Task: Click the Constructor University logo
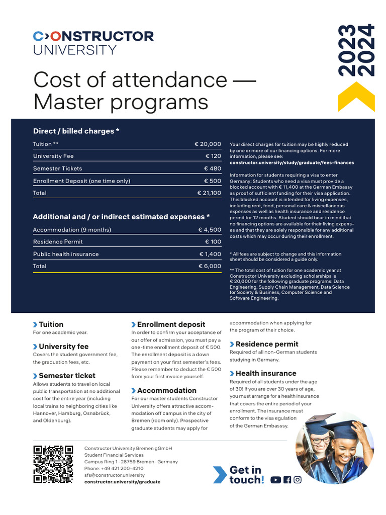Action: pyautogui.click(x=93, y=42)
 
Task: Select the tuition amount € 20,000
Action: pyautogui.click(x=208, y=144)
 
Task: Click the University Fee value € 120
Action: pyautogui.click(x=213, y=156)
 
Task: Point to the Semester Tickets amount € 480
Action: pyautogui.click(x=213, y=168)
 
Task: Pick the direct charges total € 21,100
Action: pyautogui.click(x=209, y=193)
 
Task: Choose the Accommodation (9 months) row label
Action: pyautogui.click(x=72, y=230)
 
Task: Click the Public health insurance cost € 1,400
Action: pyautogui.click(x=210, y=254)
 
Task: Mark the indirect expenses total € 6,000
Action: pyautogui.click(x=210, y=266)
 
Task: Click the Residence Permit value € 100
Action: pyautogui.click(x=213, y=242)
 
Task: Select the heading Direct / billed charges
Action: pyautogui.click(x=76, y=131)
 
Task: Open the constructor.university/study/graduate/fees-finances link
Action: pyautogui.click(x=292, y=162)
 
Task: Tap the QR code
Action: pyautogui.click(x=53, y=464)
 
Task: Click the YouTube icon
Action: pyautogui.click(x=275, y=480)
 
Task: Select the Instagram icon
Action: pyautogui.click(x=298, y=480)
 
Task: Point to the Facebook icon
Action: pyautogui.click(x=287, y=480)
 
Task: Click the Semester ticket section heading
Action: pyautogui.click(x=67, y=376)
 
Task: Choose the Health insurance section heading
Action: pyautogui.click(x=266, y=373)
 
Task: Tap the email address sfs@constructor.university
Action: pyautogui.click(x=114, y=475)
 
